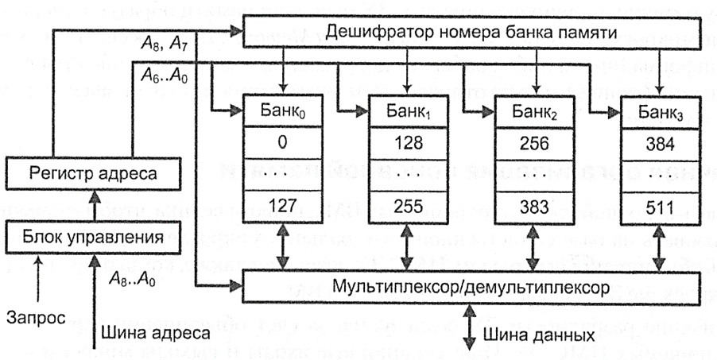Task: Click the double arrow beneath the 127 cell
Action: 284,246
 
